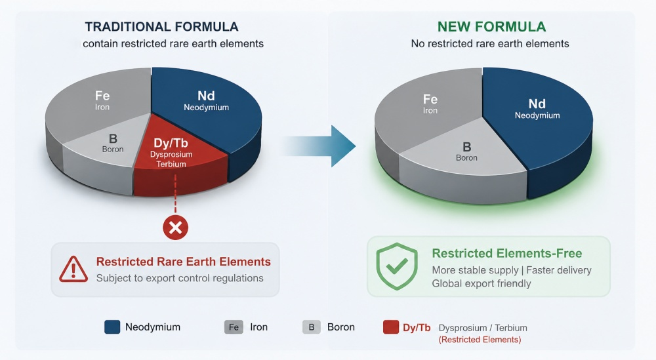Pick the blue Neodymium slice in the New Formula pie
[540, 121]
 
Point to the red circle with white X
[175, 228]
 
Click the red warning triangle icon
[73, 270]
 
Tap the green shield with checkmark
[397, 266]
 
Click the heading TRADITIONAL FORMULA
[161, 27]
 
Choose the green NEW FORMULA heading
[491, 27]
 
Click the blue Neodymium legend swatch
[112, 327]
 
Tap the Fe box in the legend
[234, 327]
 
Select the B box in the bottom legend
[311, 327]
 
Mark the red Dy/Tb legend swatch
[391, 327]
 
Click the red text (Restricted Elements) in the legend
[480, 340]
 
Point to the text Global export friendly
[481, 283]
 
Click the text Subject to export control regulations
[180, 278]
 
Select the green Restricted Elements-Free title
[507, 253]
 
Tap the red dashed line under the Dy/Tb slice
[175, 194]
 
